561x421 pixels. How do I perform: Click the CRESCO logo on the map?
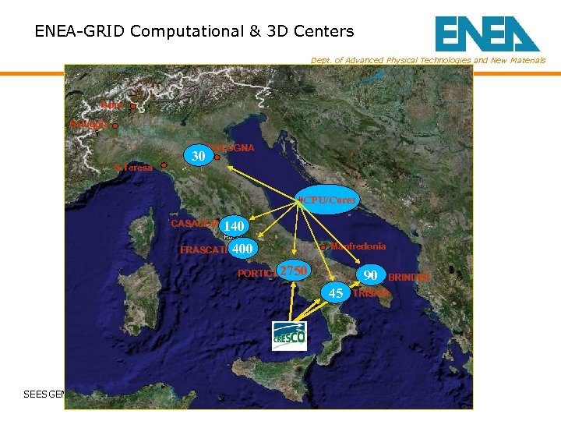(289, 335)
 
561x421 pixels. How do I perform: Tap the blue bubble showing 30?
(199, 156)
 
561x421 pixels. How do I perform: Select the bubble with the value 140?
(235, 226)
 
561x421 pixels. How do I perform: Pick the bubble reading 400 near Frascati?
(243, 249)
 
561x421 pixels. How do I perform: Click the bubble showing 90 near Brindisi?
(371, 275)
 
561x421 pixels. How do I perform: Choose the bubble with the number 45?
(336, 293)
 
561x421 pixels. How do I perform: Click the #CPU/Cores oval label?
(327, 200)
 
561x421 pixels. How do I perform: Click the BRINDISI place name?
(409, 278)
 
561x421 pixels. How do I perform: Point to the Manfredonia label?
(358, 246)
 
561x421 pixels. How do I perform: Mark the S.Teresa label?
(133, 167)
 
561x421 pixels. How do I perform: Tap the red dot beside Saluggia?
(115, 126)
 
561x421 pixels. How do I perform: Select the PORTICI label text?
(256, 274)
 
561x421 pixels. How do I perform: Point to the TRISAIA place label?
(371, 293)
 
